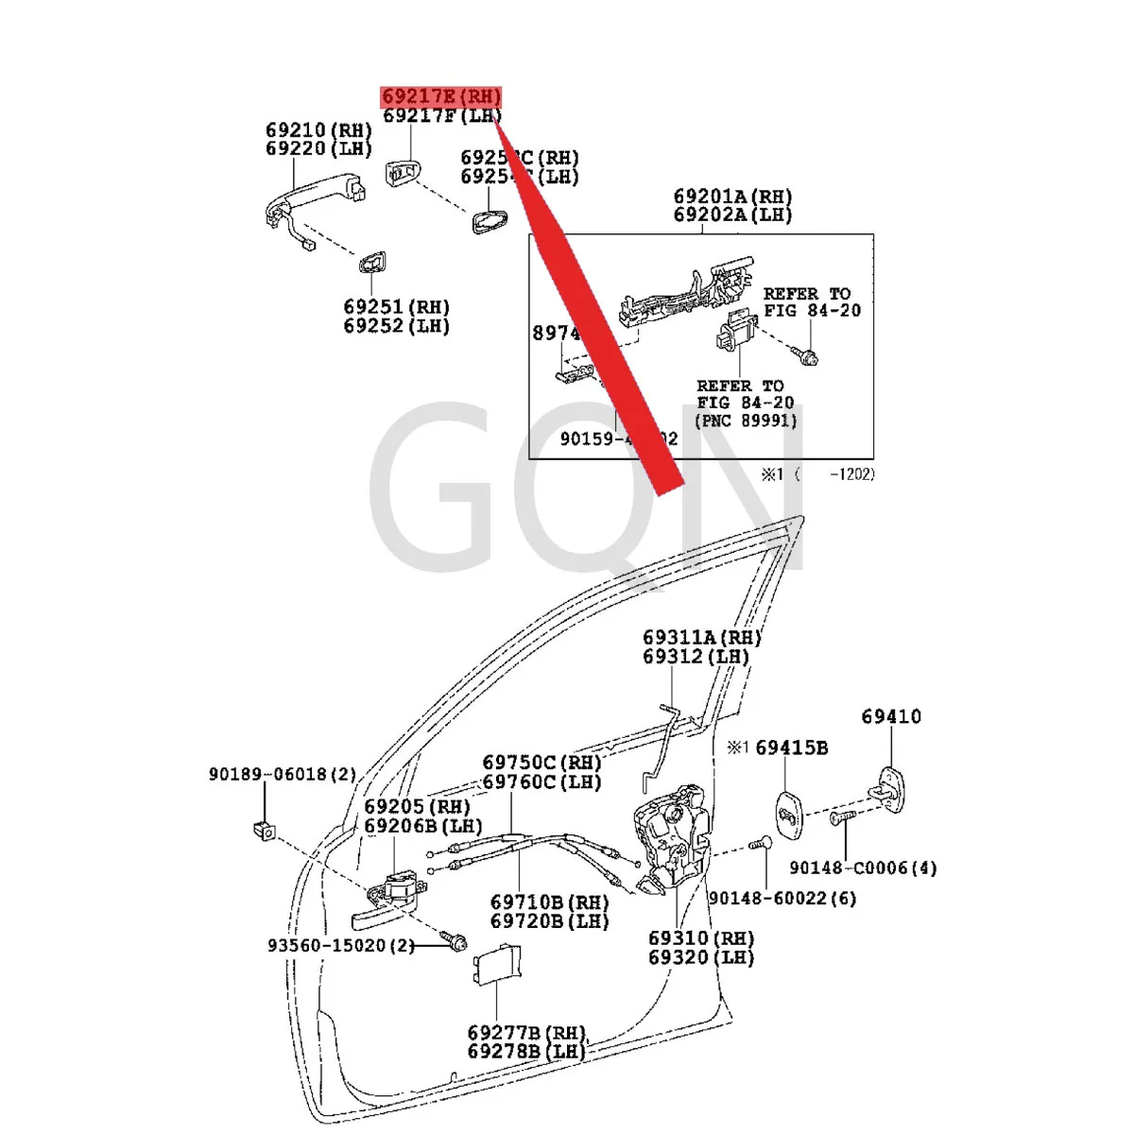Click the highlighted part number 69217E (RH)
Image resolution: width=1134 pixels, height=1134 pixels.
[x=441, y=97]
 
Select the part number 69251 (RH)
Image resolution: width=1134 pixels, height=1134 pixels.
[x=396, y=308]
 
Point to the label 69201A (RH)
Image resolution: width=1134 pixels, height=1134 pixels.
[x=732, y=198]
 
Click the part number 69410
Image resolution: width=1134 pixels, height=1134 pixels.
[x=890, y=717]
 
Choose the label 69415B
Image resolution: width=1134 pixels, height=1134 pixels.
[x=792, y=748]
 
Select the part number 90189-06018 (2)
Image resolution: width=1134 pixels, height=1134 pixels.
[x=283, y=775]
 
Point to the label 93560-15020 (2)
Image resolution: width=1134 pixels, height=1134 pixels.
[x=340, y=945]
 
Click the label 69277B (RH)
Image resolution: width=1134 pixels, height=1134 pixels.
[x=526, y=1033]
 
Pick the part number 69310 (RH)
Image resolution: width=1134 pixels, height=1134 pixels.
[x=701, y=938]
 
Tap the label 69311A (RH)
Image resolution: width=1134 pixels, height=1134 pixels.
[x=702, y=638]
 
